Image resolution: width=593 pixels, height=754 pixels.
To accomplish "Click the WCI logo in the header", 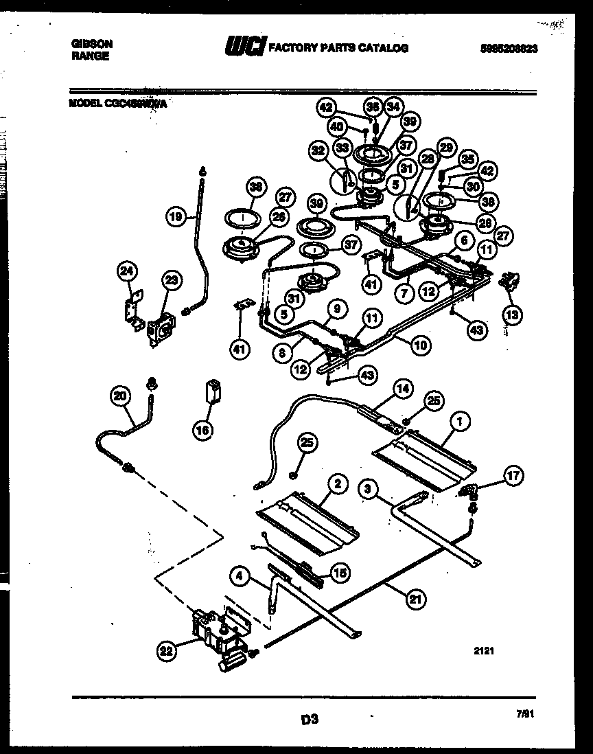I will coord(244,47).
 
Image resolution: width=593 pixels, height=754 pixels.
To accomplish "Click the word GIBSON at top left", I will coord(92,43).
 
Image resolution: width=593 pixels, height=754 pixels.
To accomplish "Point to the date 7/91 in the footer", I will coord(524,713).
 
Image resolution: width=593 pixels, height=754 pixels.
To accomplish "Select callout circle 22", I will coord(165,650).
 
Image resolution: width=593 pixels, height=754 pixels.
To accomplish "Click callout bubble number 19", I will coord(176,218).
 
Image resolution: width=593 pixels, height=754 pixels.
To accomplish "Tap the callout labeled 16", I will coord(203,431).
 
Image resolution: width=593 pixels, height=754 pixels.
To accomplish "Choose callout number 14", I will coord(403,388).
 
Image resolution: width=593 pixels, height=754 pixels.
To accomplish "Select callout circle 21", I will coord(414,599).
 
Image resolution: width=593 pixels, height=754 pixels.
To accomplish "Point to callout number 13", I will coord(511,315).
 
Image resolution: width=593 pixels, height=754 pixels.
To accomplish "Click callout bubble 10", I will coord(421,345).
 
